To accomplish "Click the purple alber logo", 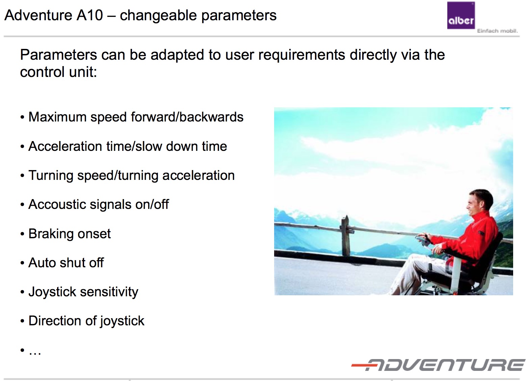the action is coord(461,15).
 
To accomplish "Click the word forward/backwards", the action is coord(187,117).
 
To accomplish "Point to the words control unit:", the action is coord(58,72).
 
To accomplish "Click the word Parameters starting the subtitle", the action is coord(58,55).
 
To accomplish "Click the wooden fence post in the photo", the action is coord(345,236).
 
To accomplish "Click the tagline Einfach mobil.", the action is coord(497,31).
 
